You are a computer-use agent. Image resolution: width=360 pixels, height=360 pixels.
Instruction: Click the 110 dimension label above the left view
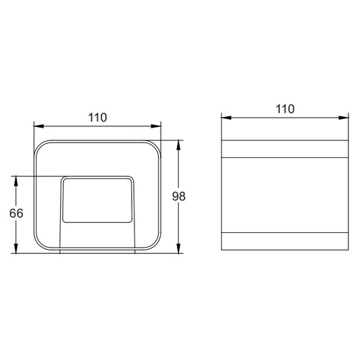[x=97, y=118]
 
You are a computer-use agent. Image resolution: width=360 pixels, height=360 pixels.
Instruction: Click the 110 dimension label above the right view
[x=285, y=109]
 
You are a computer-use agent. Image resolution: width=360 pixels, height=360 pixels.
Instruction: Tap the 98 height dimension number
[x=178, y=197]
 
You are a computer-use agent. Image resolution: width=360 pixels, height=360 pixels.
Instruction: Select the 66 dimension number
[x=16, y=213]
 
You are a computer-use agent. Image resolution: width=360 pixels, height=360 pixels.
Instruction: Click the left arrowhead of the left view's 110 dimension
[x=38, y=126]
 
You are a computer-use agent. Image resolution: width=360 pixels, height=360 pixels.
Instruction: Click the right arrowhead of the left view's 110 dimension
[x=156, y=126]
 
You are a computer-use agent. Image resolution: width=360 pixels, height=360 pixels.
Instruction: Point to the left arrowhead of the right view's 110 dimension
[x=226, y=118]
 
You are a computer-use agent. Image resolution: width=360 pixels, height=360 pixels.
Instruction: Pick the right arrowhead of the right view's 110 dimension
[x=344, y=118]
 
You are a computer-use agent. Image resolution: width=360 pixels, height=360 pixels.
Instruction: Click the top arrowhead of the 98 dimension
[x=178, y=145]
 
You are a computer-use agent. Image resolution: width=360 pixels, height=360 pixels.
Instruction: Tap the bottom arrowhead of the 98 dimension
[x=178, y=249]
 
